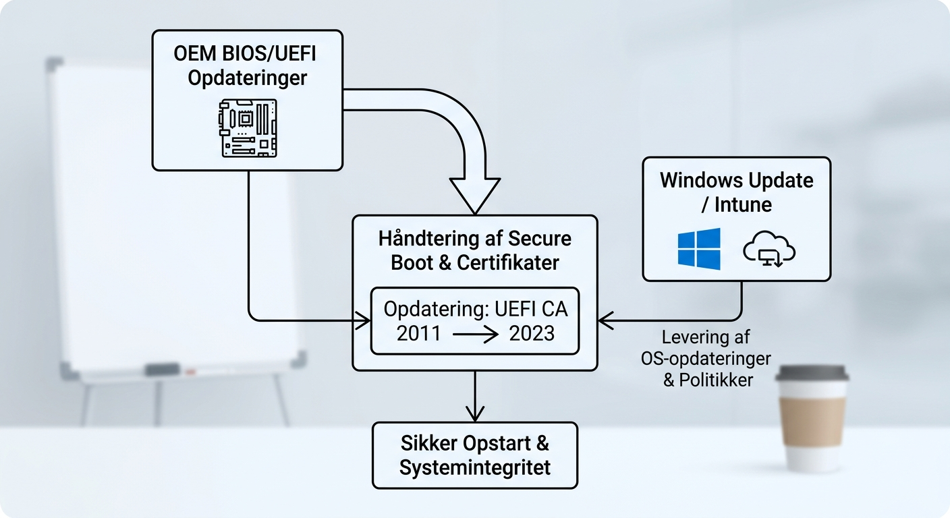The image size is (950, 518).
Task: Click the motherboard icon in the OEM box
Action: click(247, 128)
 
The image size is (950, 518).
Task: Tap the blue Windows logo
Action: click(699, 249)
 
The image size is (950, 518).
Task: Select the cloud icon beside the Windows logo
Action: click(769, 250)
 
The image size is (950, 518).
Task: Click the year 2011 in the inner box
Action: click(418, 333)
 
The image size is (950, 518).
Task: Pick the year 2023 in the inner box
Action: click(532, 333)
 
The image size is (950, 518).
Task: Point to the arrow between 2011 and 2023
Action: click(476, 333)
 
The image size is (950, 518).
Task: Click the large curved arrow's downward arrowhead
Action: click(475, 196)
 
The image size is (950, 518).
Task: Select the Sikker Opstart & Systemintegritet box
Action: click(475, 455)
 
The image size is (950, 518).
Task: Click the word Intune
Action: click(743, 204)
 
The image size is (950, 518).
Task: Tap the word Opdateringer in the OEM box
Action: click(247, 78)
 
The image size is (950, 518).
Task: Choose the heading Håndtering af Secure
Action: click(475, 238)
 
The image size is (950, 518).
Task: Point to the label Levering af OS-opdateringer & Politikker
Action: click(706, 358)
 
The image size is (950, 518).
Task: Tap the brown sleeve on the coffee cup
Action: click(811, 418)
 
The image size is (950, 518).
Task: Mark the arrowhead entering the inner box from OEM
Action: click(364, 320)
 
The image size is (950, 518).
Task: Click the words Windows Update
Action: click(736, 181)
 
